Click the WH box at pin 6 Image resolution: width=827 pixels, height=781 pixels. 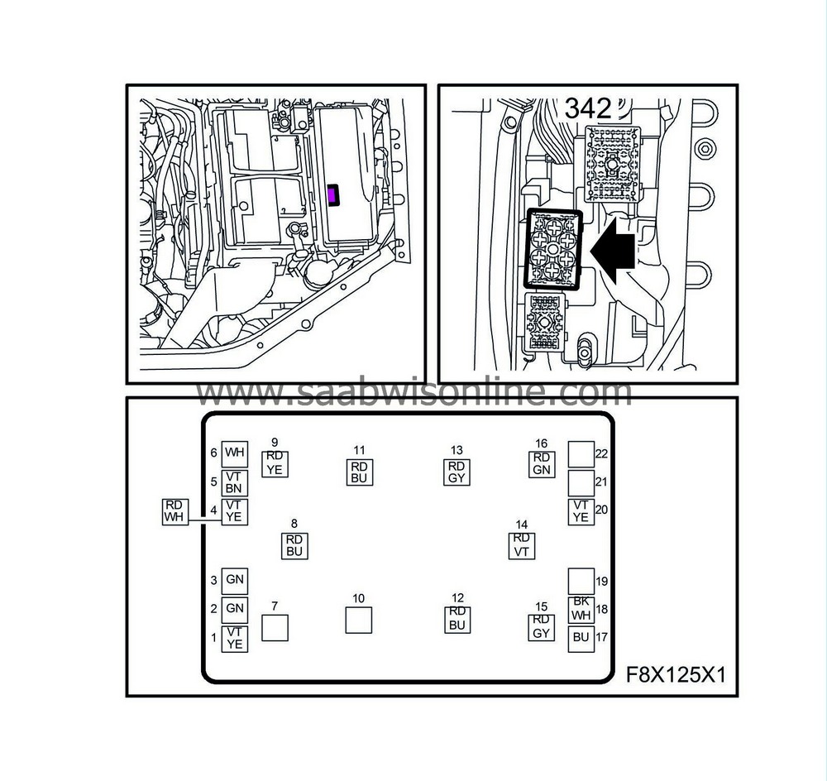tap(235, 453)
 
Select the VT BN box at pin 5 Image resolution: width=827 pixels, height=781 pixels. tap(235, 482)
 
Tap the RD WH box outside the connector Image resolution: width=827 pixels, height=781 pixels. tap(174, 511)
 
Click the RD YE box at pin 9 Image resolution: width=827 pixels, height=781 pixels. tap(275, 463)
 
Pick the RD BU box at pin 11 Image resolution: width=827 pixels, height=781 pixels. tap(359, 472)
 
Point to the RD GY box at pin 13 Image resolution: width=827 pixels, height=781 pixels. tap(457, 472)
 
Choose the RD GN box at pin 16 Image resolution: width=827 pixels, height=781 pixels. tap(542, 463)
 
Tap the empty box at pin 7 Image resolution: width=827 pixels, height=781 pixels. tap(275, 628)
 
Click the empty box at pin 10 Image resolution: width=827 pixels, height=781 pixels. tap(358, 620)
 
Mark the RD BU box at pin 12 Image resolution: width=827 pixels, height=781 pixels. tap(457, 620)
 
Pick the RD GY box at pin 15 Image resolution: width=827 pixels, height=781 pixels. tap(541, 627)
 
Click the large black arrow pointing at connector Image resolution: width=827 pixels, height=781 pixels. tap(613, 251)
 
